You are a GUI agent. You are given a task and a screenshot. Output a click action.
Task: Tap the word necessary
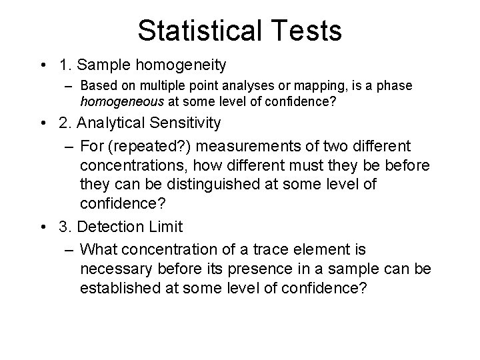click(x=113, y=269)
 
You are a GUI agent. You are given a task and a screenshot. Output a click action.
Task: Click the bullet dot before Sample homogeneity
click(x=42, y=65)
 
